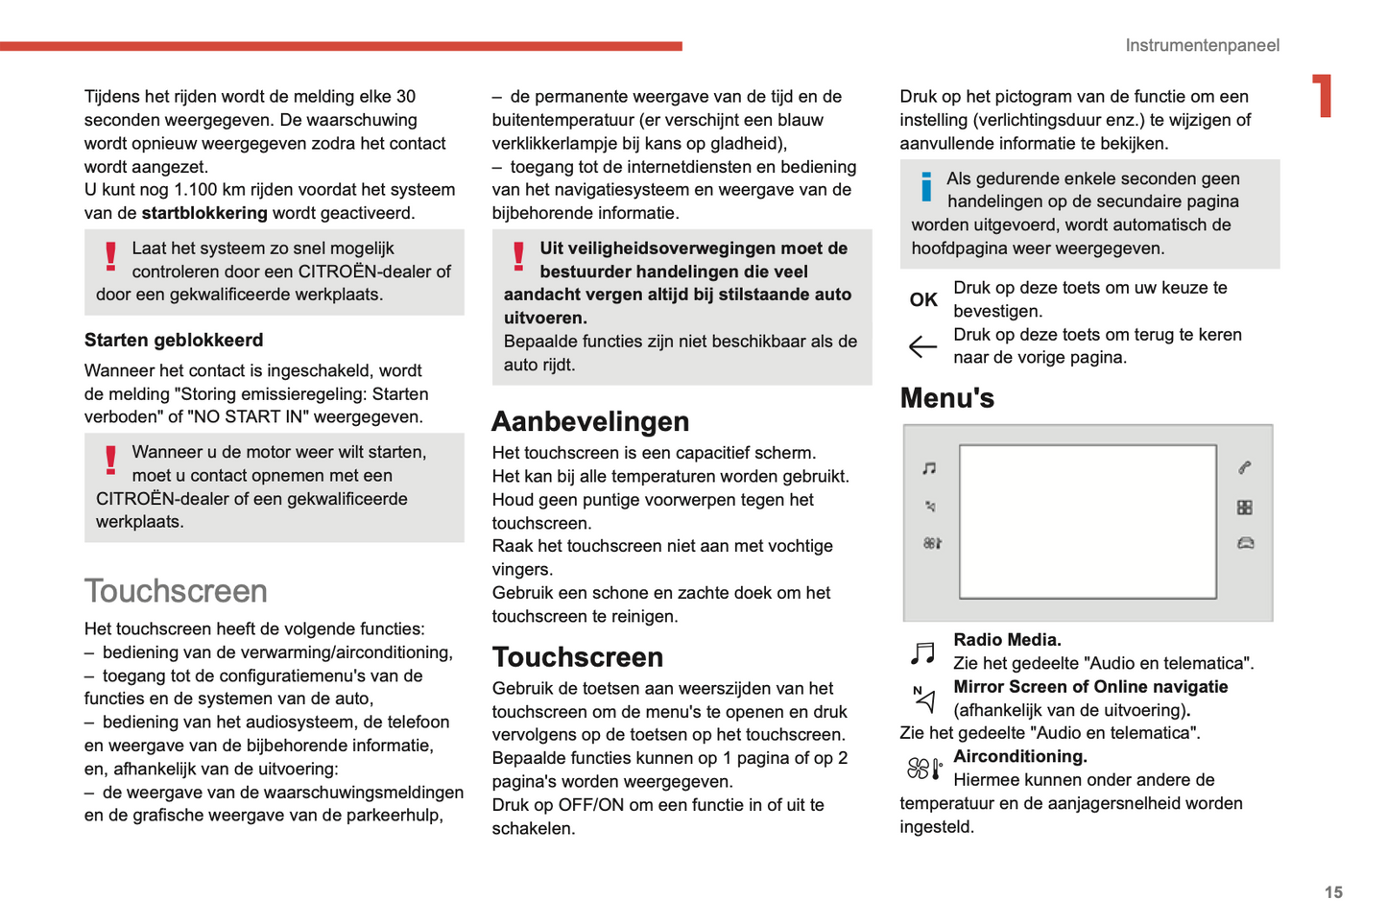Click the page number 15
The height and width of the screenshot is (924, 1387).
tap(1333, 892)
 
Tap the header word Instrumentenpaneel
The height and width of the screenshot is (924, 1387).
tap(1202, 45)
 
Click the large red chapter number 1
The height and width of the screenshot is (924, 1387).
tap(1323, 96)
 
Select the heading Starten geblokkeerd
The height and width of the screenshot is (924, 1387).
tap(174, 340)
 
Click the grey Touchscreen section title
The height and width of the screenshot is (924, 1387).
tap(176, 591)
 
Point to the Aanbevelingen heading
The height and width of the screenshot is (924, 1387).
tap(590, 421)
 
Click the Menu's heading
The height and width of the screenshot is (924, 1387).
tap(946, 398)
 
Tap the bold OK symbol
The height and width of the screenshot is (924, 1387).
tap(923, 299)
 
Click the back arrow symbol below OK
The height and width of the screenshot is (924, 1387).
tap(922, 346)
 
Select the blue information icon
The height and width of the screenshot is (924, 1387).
tap(926, 186)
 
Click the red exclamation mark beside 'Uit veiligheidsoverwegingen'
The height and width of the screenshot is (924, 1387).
tap(518, 256)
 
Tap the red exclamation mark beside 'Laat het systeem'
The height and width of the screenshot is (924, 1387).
tap(110, 256)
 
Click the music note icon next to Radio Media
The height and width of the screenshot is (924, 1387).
tap(922, 653)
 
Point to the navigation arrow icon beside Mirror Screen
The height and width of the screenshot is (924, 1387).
tap(923, 699)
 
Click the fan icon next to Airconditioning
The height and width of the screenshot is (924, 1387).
tap(924, 769)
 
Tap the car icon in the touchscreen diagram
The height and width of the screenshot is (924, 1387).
tap(1246, 543)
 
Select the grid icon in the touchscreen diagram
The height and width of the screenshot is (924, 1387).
tap(1245, 508)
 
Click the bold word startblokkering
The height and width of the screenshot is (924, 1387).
tap(204, 213)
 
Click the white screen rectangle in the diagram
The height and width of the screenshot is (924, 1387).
tap(1088, 522)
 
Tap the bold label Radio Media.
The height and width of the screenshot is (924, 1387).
tap(1007, 640)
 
